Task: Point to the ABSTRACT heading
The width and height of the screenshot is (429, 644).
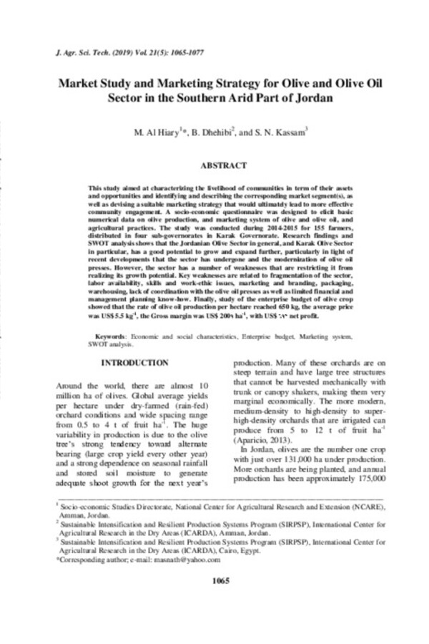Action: coord(222,165)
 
